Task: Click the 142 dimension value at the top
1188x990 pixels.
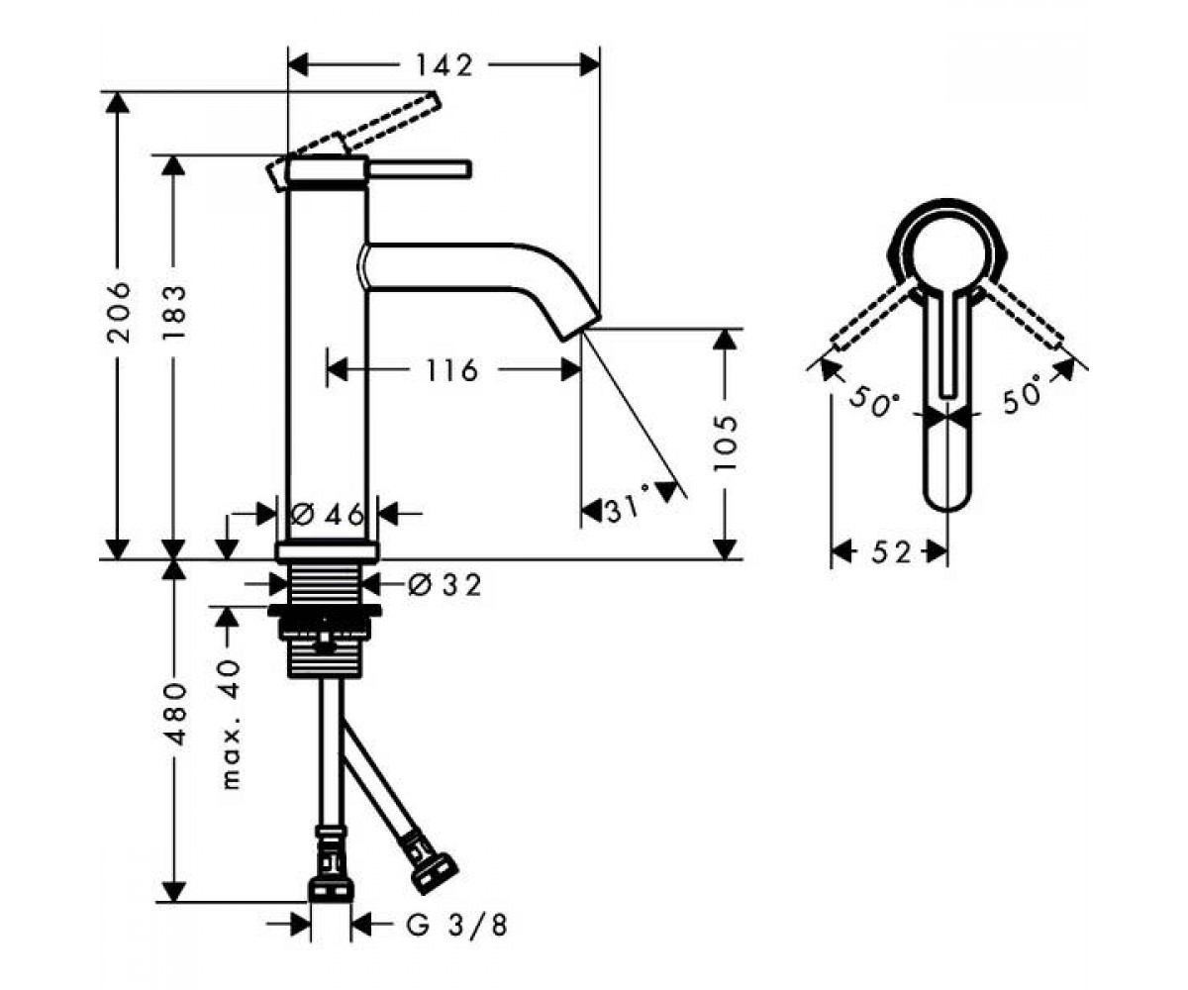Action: click(444, 66)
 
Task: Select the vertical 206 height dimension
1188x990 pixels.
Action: click(119, 312)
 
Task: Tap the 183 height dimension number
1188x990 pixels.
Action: click(174, 312)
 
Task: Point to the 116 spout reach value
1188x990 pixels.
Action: click(452, 371)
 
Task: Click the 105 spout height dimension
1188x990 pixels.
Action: click(726, 443)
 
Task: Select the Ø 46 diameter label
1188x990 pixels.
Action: click(327, 515)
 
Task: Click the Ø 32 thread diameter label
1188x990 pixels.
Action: click(445, 585)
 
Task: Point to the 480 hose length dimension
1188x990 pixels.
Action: click(174, 715)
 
